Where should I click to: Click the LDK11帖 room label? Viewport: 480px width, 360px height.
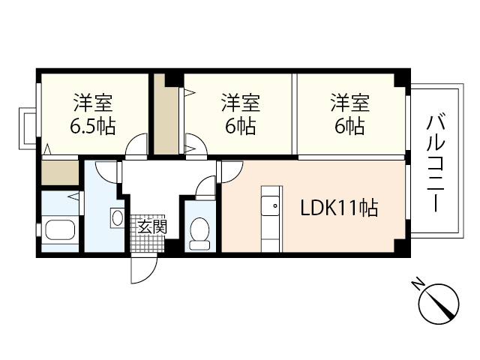(339, 206)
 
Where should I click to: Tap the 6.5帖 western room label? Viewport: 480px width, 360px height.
(93, 113)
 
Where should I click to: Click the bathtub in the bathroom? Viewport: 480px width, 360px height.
(60, 230)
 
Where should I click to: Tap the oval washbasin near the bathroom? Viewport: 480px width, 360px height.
(117, 218)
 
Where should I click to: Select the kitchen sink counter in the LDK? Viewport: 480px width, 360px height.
(268, 218)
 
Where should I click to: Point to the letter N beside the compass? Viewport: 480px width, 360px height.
(416, 283)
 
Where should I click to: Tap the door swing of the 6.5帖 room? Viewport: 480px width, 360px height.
(136, 146)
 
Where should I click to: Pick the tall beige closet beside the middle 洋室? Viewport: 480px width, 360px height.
(166, 116)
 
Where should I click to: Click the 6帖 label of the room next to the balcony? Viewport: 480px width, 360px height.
(349, 113)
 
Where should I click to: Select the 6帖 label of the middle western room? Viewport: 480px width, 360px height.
(241, 113)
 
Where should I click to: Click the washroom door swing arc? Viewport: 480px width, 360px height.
(110, 171)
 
